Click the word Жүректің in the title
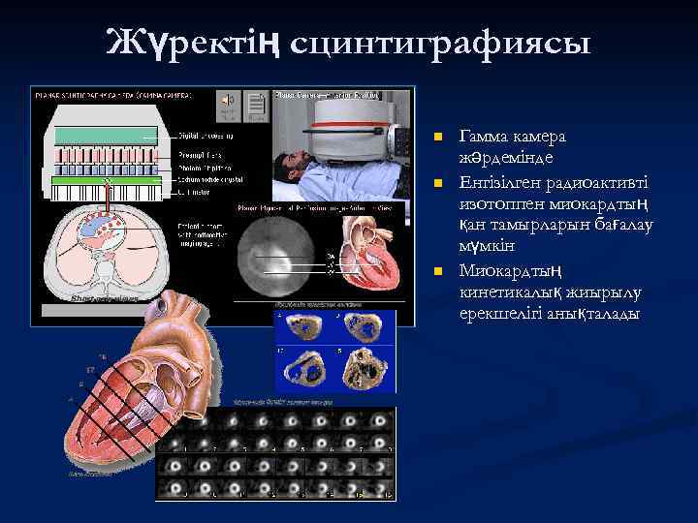pos(194,44)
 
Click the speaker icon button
pos(229,101)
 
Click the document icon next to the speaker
pos(255,103)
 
